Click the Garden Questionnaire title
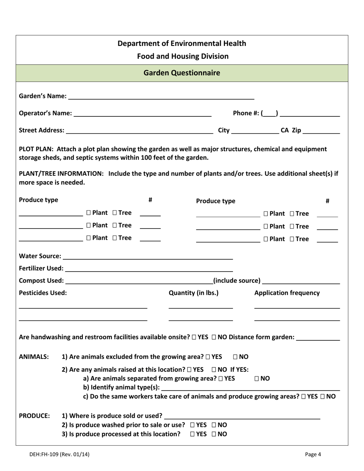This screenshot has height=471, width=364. (182, 73)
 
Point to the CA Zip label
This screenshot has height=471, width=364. (291, 130)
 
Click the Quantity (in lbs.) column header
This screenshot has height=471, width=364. (193, 293)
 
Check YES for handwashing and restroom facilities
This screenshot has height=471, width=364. (194, 337)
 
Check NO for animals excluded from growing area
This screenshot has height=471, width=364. (236, 357)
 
